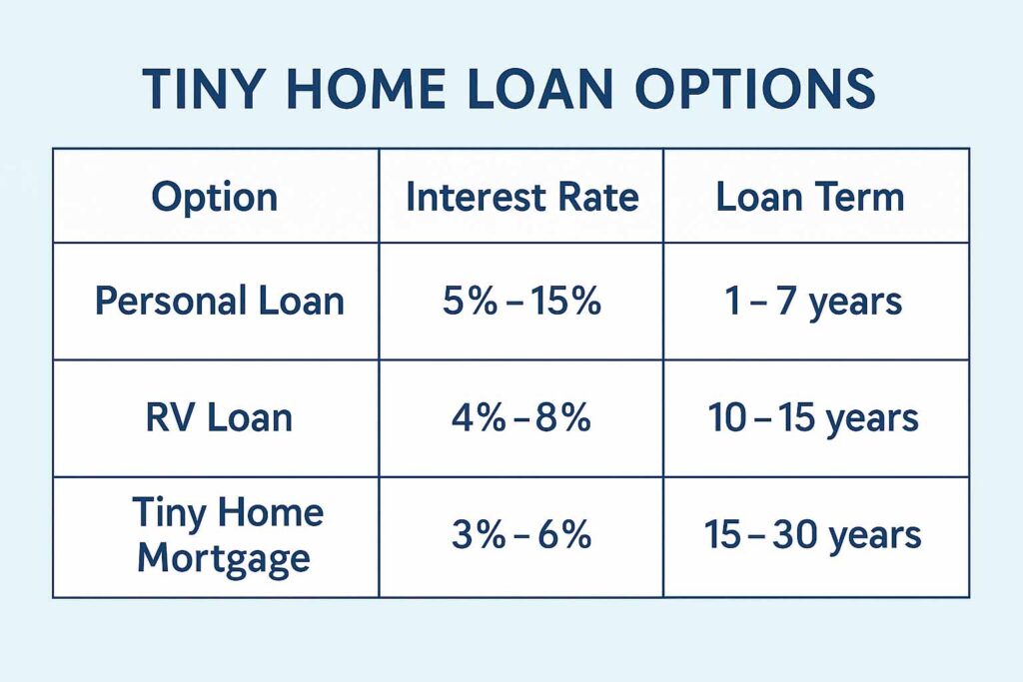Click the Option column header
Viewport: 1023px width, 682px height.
click(x=215, y=198)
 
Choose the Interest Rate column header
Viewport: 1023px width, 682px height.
click(x=521, y=197)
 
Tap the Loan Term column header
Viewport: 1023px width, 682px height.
click(x=810, y=197)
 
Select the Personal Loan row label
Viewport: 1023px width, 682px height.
click(x=219, y=302)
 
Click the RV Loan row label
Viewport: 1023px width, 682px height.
click(x=219, y=418)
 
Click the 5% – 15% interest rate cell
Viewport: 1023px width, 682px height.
click(x=521, y=302)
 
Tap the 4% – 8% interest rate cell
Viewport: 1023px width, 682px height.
click(x=521, y=418)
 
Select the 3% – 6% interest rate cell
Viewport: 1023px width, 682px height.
click(x=521, y=535)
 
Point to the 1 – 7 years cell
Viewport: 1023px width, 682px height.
click(x=813, y=303)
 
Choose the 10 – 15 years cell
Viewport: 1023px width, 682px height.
click(x=813, y=419)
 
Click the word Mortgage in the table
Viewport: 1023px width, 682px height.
click(x=224, y=559)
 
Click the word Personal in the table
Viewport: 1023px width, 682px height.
click(x=171, y=302)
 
